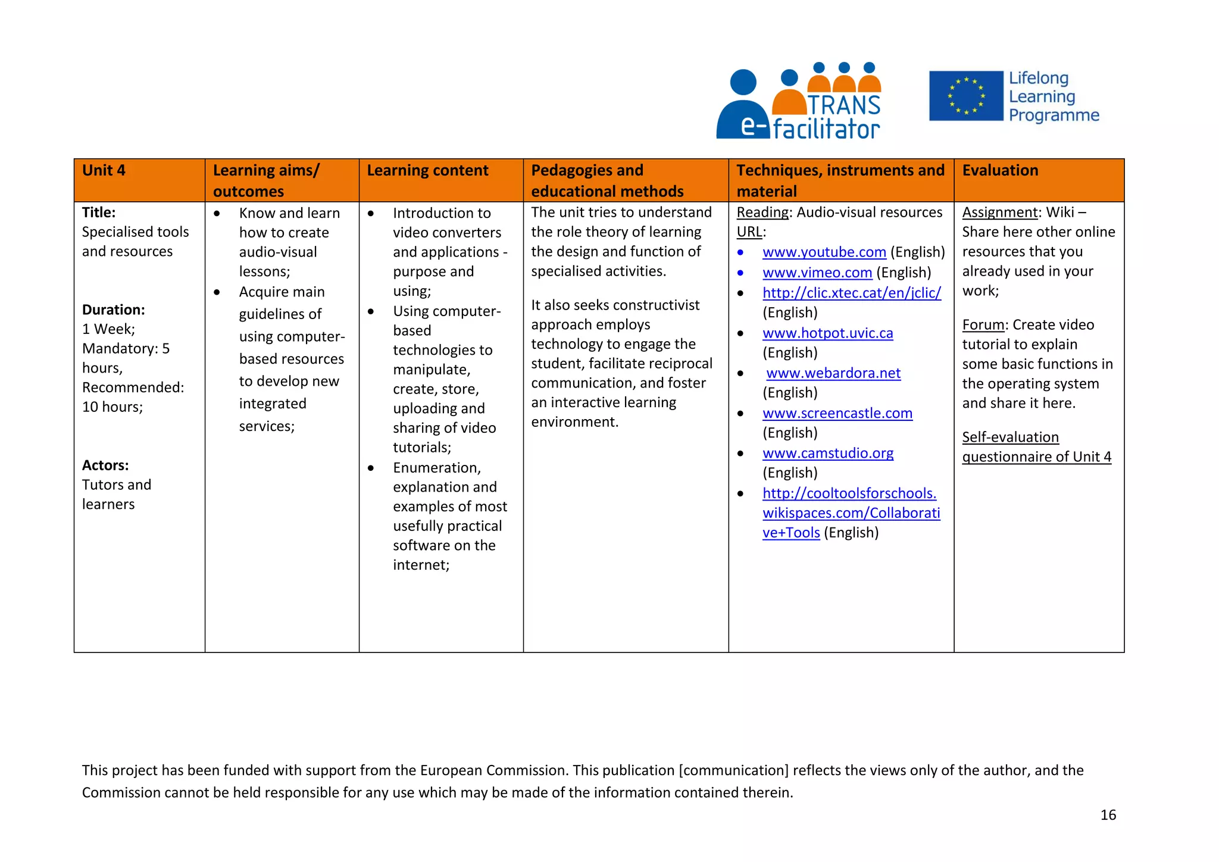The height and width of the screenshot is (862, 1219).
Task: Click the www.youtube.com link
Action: pos(824,252)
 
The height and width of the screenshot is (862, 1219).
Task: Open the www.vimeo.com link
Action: pos(817,273)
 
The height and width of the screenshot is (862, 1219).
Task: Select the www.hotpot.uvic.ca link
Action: pos(827,333)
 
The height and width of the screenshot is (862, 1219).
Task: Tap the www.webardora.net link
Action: pos(833,373)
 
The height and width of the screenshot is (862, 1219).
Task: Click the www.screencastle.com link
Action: pos(837,413)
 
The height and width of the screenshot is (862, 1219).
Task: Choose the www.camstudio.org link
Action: pos(827,453)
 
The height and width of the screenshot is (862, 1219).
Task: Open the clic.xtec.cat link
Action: pos(851,293)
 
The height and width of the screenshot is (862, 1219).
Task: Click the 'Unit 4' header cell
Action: pos(104,171)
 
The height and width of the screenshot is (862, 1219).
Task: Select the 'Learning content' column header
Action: pos(427,171)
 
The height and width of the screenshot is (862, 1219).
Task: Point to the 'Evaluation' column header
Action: pos(1000,171)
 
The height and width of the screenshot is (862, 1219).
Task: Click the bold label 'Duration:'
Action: pos(114,310)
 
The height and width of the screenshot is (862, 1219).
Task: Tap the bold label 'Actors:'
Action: pos(105,465)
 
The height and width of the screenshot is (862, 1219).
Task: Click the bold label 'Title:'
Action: pos(99,213)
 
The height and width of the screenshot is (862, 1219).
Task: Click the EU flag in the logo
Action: pos(965,96)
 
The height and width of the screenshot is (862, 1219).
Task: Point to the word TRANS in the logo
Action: pos(843,105)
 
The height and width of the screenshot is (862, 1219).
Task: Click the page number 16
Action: pos(1108,815)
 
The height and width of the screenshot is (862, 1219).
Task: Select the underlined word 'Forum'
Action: pos(983,325)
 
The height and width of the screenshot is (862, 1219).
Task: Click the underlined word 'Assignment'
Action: pos(999,213)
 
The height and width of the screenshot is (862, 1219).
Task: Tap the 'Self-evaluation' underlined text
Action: pos(1010,438)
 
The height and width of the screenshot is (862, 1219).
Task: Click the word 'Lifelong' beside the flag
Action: pos(1039,79)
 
